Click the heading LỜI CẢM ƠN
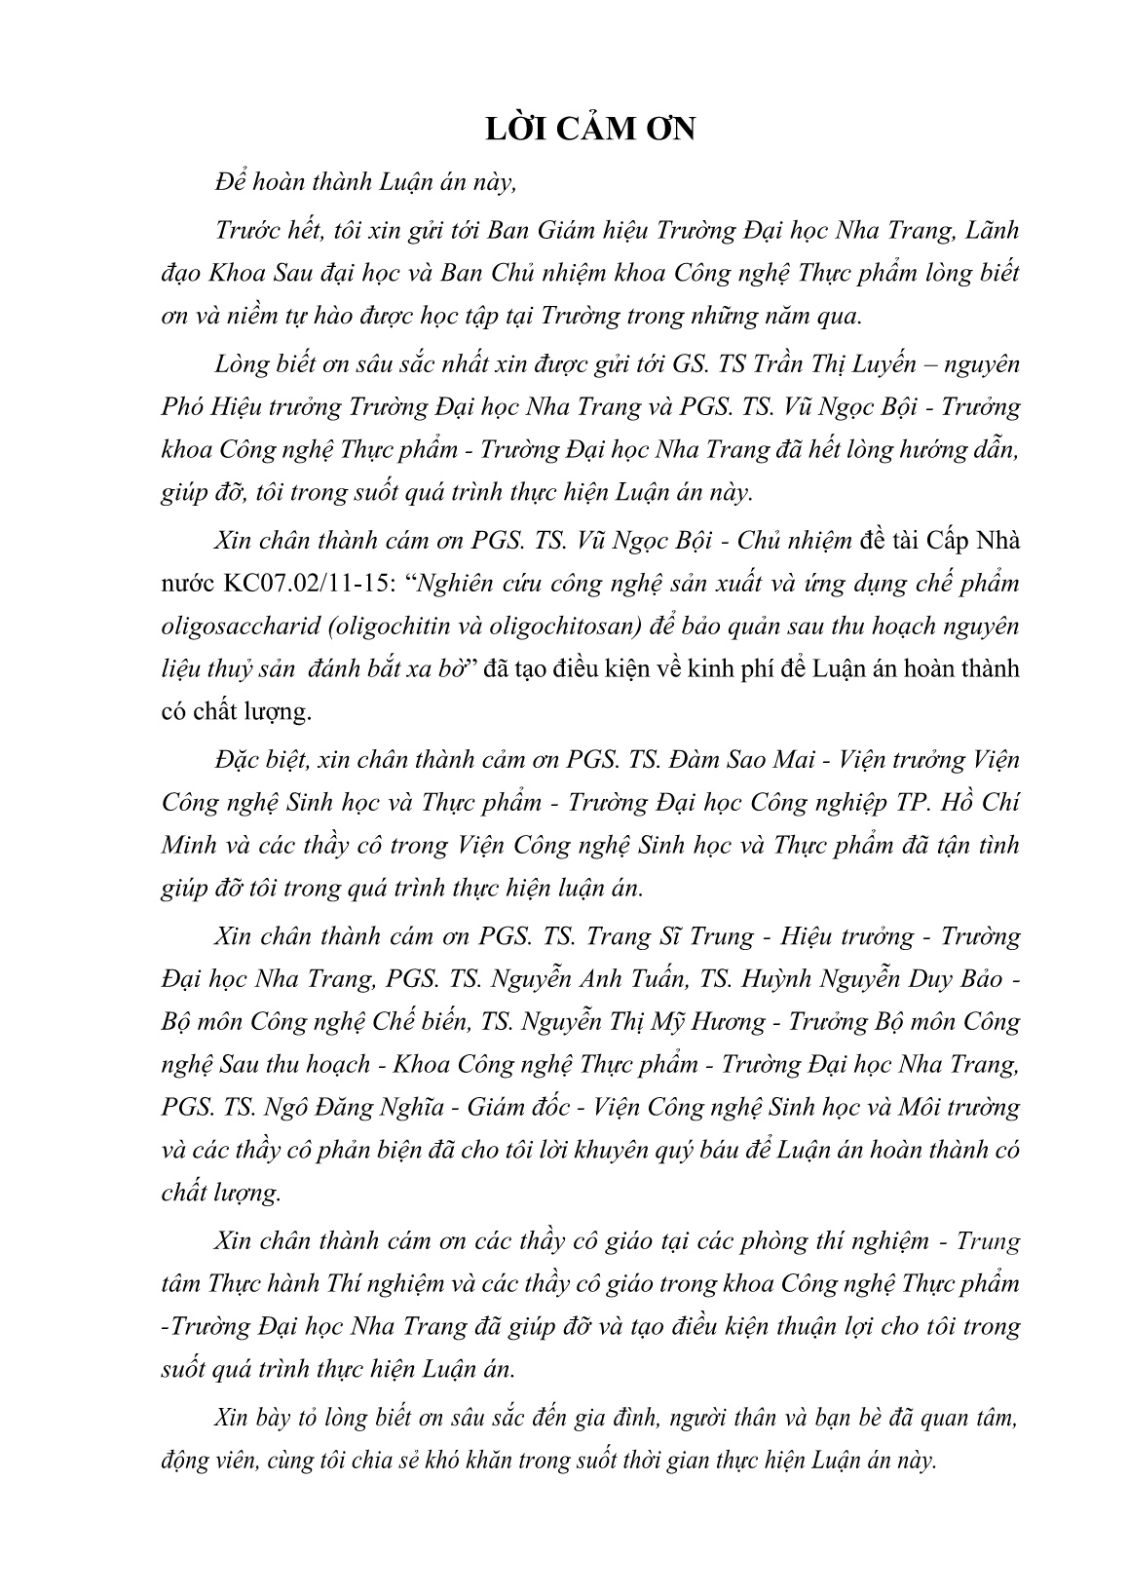point(590,129)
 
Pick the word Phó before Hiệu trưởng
point(182,406)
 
